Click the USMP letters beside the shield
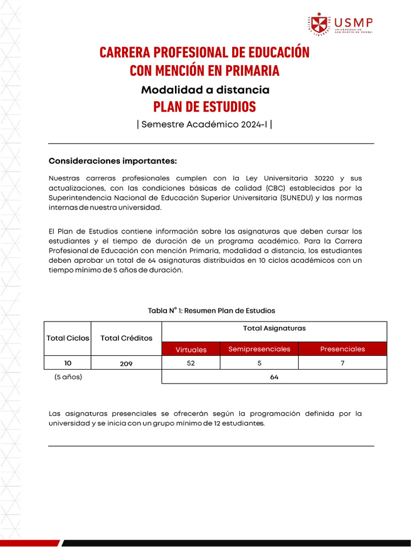point(353,22)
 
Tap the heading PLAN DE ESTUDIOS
point(204,106)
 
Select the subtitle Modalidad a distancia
point(205,90)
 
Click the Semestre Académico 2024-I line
point(204,124)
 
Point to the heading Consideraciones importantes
point(112,161)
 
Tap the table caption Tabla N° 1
point(211,310)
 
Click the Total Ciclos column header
point(68,338)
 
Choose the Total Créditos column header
point(126,338)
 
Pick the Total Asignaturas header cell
point(274,329)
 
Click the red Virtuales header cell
point(191,349)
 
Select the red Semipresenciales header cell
point(259,349)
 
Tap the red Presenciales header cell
point(342,349)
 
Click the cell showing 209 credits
point(126,363)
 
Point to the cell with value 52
point(191,363)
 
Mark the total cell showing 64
point(274,377)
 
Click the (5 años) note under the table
point(68,377)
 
